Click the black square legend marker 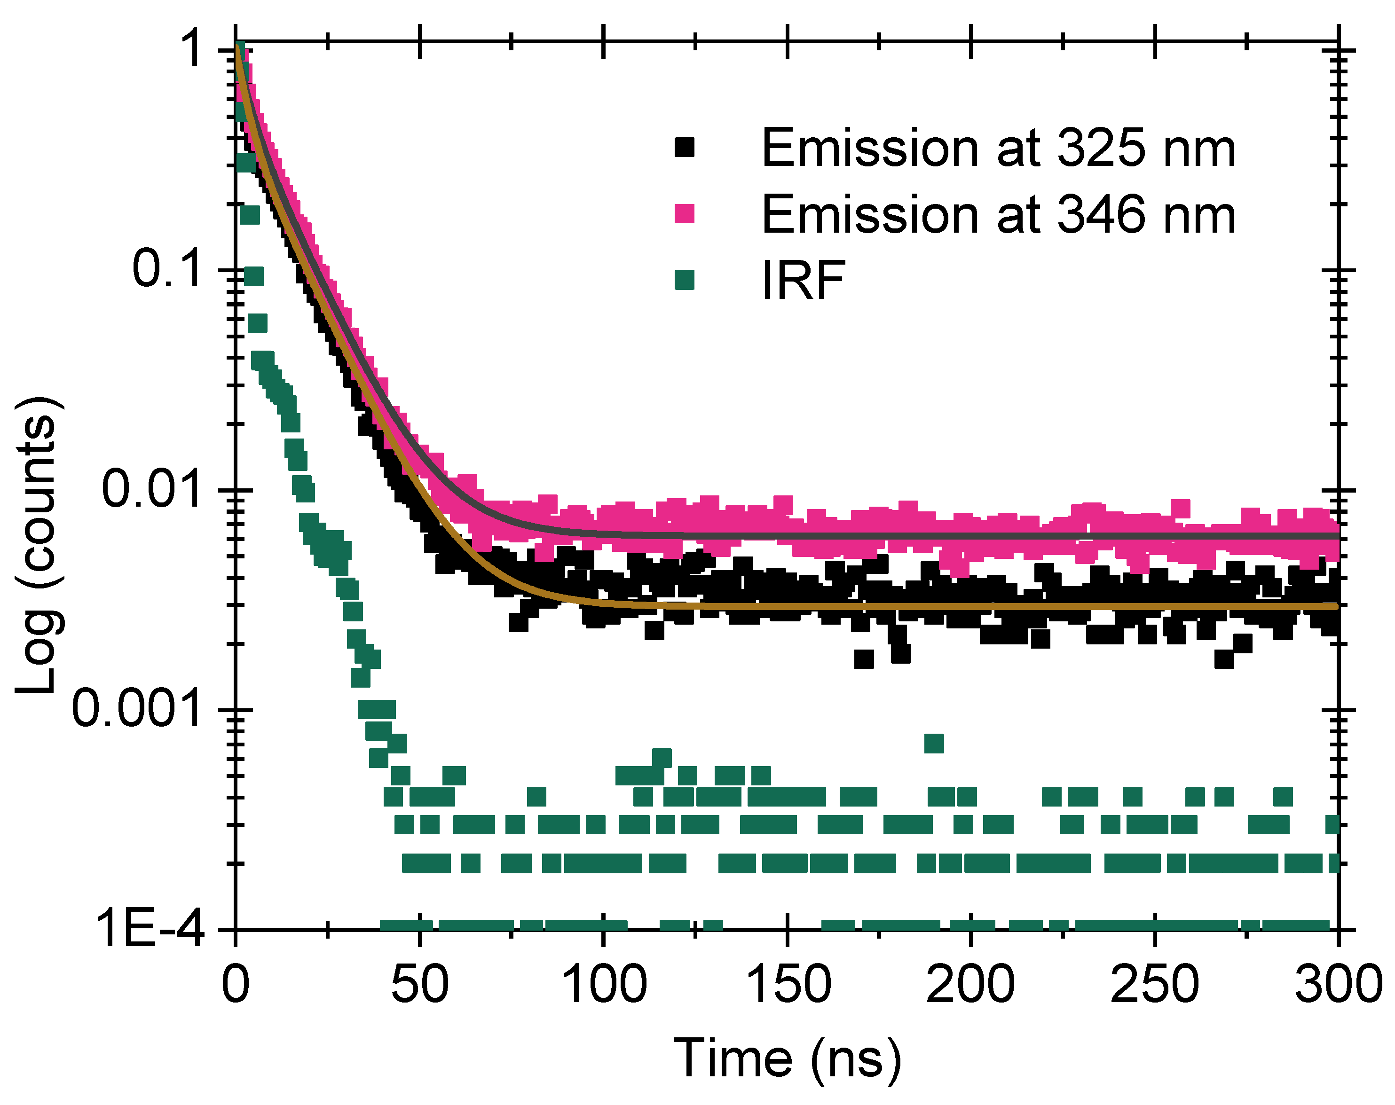(684, 148)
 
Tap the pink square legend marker (684, 213)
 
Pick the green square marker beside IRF (684, 280)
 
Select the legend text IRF (803, 280)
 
